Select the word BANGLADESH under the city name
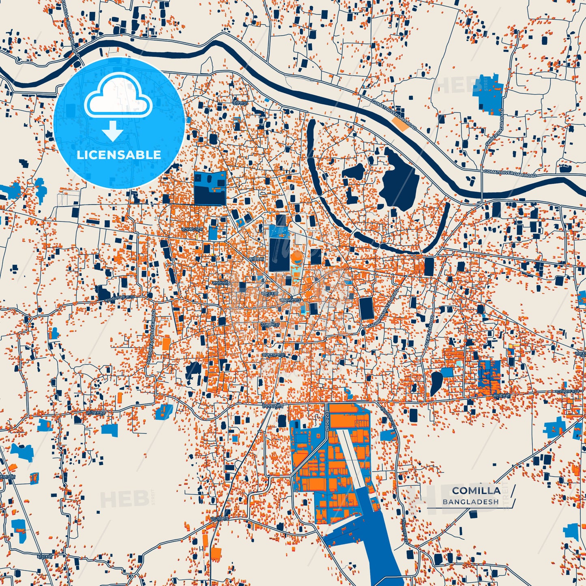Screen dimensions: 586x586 tap(470, 502)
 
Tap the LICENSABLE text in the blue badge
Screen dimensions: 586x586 tap(119, 155)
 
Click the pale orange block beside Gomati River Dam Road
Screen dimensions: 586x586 tap(401, 124)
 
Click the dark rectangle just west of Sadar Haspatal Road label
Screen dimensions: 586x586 tap(367, 308)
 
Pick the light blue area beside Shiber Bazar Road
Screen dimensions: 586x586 tap(487, 93)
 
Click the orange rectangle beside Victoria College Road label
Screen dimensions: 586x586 tap(166, 343)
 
